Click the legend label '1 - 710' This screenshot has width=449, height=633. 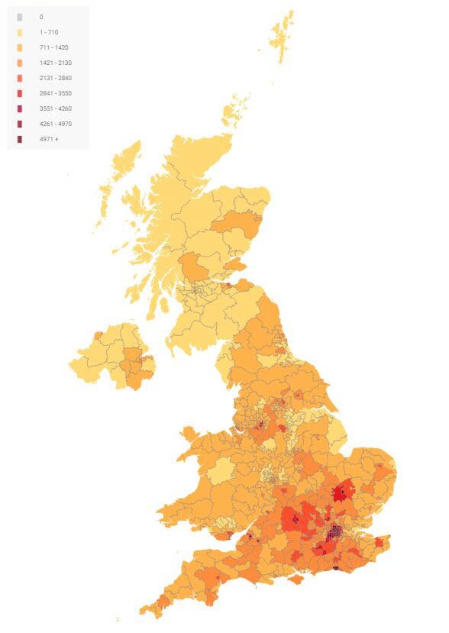coord(48,32)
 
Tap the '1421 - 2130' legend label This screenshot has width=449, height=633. coord(55,63)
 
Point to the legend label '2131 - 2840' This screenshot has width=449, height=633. coord(55,78)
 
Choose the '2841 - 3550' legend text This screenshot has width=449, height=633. coord(55,93)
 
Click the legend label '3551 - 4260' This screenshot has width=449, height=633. coord(55,108)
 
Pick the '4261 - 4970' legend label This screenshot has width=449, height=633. coord(55,124)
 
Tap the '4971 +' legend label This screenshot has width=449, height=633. coord(49,139)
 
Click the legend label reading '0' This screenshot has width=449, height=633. coord(41,17)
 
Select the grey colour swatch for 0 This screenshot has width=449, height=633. coord(20,17)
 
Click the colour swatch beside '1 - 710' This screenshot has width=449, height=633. coord(20,32)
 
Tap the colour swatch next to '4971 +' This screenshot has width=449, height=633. coord(20,139)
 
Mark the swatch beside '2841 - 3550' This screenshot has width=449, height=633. coord(20,93)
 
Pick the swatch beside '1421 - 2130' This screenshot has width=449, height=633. coord(20,63)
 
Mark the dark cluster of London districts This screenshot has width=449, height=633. coord(334,532)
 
